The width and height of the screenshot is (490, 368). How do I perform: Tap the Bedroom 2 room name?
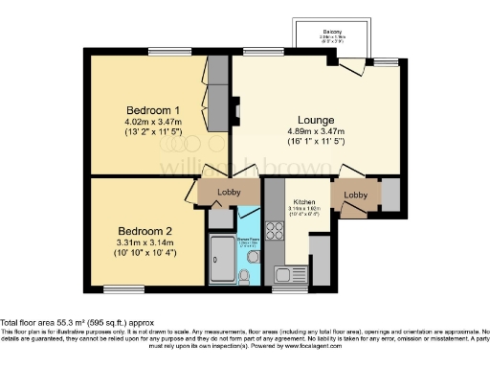(145, 231)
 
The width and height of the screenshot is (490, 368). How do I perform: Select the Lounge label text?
(301, 120)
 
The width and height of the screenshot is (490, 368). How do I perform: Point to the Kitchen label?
(305, 202)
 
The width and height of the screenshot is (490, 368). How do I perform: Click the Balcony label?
(333, 32)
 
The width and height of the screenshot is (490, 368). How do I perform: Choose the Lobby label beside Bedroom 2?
(229, 192)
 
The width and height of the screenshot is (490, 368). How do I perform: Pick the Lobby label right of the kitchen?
(356, 195)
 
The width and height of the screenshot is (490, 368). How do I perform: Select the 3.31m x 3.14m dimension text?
(145, 242)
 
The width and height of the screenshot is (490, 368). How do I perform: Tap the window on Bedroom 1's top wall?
(161, 52)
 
